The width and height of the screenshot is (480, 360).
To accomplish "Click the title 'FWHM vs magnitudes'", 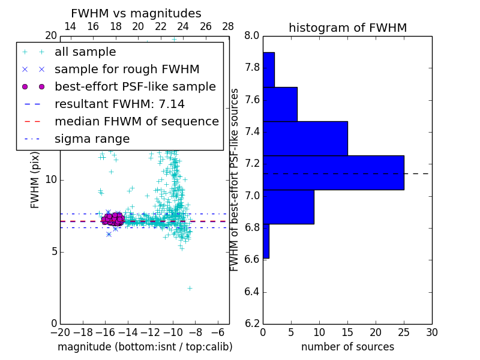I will [x=136, y=14].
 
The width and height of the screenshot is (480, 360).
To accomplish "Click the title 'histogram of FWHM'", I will [x=347, y=28].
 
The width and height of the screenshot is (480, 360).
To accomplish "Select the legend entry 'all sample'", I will [x=85, y=52].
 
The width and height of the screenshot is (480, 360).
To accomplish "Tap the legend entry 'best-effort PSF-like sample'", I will [x=135, y=87].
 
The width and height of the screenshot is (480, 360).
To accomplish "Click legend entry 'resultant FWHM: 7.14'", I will [x=119, y=104].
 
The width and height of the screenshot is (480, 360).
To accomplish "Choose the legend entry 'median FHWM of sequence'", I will [x=136, y=122].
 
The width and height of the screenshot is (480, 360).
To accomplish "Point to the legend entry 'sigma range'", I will [x=92, y=139].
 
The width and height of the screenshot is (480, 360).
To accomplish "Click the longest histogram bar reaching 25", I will [x=333, y=173].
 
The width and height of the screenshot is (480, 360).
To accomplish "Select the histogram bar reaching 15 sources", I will [x=305, y=139].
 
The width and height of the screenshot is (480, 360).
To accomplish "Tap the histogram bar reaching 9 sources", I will [x=288, y=207].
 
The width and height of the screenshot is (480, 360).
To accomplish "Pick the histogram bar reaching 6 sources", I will [x=280, y=104].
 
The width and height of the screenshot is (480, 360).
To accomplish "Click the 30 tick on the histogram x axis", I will [x=431, y=332].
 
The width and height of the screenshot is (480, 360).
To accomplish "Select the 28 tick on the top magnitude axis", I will [x=229, y=26].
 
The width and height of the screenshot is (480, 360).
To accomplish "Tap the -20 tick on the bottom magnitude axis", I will [x=60, y=332].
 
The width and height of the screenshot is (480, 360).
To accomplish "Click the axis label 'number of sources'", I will [x=347, y=347].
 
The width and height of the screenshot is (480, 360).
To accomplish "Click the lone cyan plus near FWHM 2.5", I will [x=190, y=288].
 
